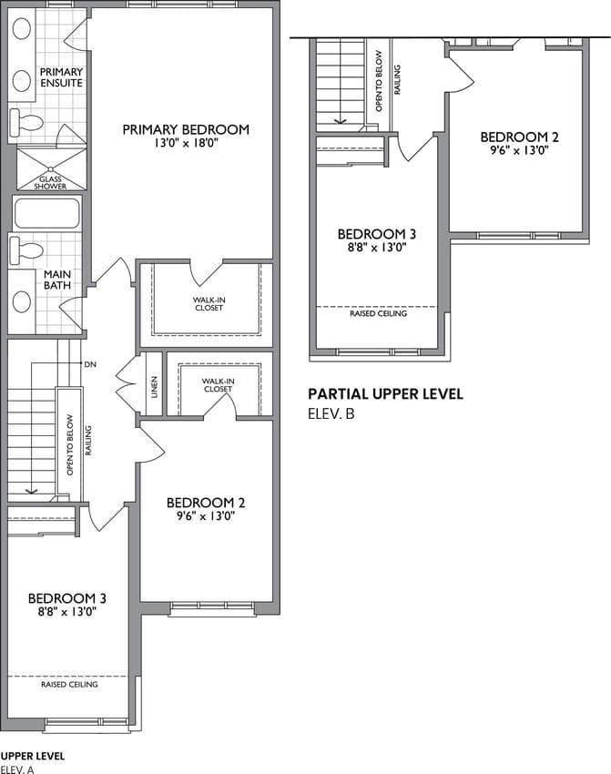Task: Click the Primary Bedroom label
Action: (x=186, y=130)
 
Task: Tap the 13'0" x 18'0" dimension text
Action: (x=186, y=144)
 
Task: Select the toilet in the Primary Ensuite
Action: (x=26, y=123)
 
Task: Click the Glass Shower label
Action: (x=50, y=183)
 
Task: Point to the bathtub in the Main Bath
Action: (x=46, y=213)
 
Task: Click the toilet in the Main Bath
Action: (x=26, y=250)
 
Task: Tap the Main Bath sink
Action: (x=22, y=301)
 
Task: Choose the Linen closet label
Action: (x=154, y=388)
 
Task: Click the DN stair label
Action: (x=90, y=364)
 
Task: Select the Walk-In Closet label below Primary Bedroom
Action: (x=209, y=303)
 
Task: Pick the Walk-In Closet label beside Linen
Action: (x=218, y=385)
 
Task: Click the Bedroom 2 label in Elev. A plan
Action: (x=206, y=503)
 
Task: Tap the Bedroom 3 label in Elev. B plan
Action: (x=377, y=234)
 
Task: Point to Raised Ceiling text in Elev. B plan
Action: (x=379, y=313)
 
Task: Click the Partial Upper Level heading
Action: (x=385, y=394)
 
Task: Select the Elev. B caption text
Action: (x=331, y=413)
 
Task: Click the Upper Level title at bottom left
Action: (x=33, y=756)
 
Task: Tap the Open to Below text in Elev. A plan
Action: (x=69, y=444)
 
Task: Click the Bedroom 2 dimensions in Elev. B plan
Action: (x=519, y=150)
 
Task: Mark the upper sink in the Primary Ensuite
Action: (x=22, y=28)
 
